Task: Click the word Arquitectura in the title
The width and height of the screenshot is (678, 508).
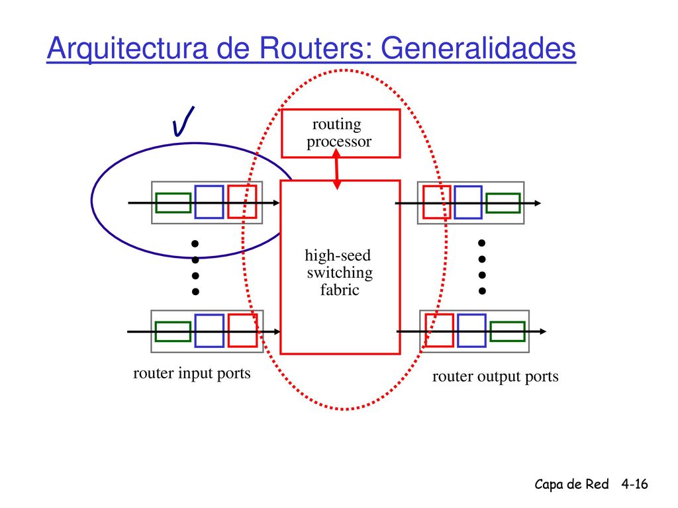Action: [128, 48]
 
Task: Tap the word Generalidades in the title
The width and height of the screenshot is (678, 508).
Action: [478, 48]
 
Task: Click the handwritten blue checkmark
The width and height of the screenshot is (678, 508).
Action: [183, 122]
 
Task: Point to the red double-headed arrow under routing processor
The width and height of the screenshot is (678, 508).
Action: [337, 169]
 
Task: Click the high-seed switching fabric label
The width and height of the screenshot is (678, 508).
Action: [339, 272]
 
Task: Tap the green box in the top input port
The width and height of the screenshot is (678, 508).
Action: [173, 202]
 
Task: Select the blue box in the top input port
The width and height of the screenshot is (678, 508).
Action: [209, 202]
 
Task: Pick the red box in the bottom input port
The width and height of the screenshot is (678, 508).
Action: [242, 331]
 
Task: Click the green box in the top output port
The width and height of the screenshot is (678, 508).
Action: [503, 203]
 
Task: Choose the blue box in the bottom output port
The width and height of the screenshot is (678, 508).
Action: [471, 331]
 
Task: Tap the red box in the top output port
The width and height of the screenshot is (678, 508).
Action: [437, 202]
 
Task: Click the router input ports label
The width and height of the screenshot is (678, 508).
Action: [191, 374]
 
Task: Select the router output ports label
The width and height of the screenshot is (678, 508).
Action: [495, 376]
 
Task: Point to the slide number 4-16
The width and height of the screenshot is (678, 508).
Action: [635, 484]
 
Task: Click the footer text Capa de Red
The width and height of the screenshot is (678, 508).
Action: [571, 484]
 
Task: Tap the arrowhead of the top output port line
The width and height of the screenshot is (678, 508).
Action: [538, 203]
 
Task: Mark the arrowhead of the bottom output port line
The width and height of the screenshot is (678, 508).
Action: [543, 331]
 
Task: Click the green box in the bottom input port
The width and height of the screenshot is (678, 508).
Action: [173, 332]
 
